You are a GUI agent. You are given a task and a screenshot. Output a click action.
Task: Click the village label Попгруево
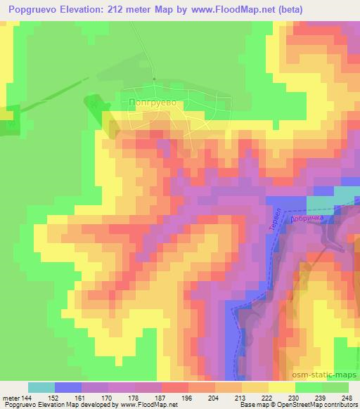click(x=153, y=103)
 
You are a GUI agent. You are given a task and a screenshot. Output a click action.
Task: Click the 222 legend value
click(x=267, y=397)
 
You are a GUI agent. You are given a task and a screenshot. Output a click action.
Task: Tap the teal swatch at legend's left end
click(x=41, y=387)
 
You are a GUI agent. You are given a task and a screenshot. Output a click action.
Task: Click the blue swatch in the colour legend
click(x=68, y=387)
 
